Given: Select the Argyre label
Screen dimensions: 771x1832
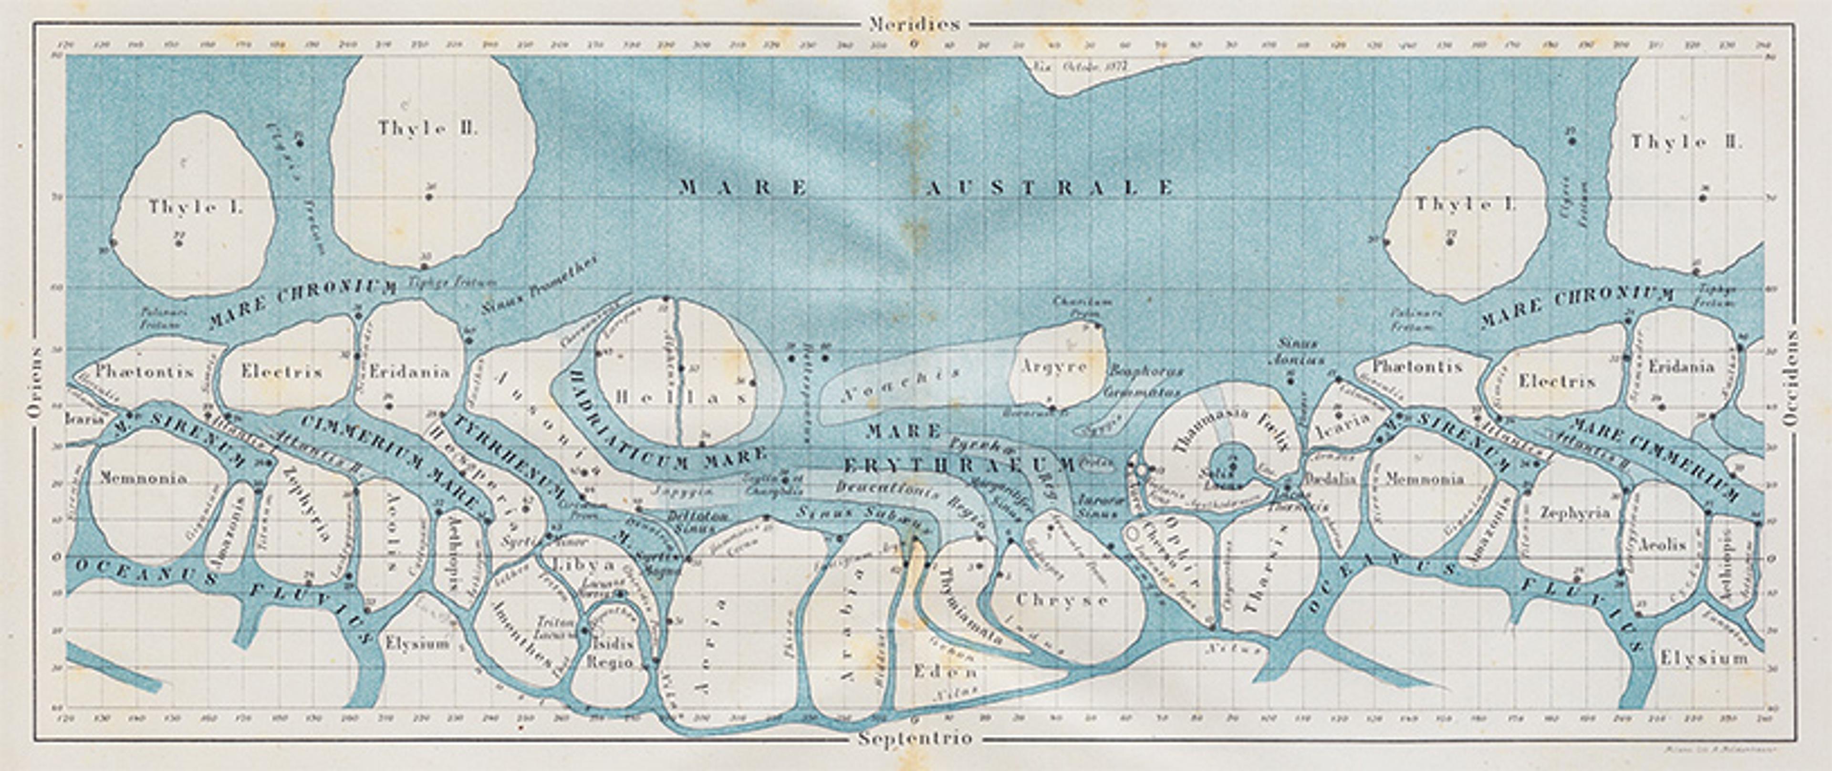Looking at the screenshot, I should click(x=1054, y=367).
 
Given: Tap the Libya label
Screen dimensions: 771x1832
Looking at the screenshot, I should click(x=582, y=565).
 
